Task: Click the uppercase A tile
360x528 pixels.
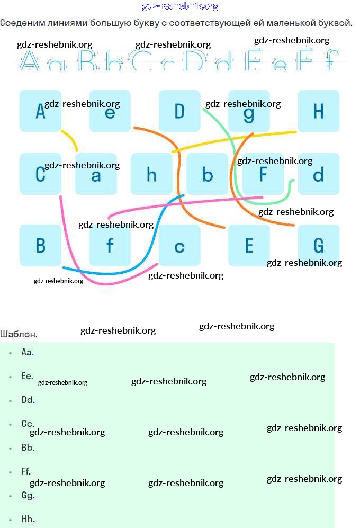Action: pyautogui.click(x=40, y=111)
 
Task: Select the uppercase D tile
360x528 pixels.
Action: pyautogui.click(x=179, y=111)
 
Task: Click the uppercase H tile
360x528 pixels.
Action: pyautogui.click(x=318, y=111)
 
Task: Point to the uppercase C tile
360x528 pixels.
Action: pyautogui.click(x=40, y=174)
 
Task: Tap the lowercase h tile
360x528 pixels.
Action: pyautogui.click(x=151, y=174)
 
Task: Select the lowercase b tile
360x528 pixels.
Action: pyautogui.click(x=207, y=174)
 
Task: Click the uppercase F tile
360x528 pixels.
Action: pyautogui.click(x=263, y=174)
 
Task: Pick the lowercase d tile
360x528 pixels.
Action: pyautogui.click(x=318, y=174)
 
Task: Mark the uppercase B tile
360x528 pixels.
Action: pyautogui.click(x=40, y=245)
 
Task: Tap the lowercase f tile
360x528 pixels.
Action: pyautogui.click(x=110, y=245)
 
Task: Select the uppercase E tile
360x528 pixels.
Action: pyautogui.click(x=249, y=245)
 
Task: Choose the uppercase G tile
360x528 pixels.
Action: pyautogui.click(x=318, y=245)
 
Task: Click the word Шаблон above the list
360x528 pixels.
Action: pyautogui.click(x=19, y=334)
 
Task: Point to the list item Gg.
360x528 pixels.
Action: pyautogui.click(x=28, y=496)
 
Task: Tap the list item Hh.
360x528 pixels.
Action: pyautogui.click(x=28, y=520)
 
